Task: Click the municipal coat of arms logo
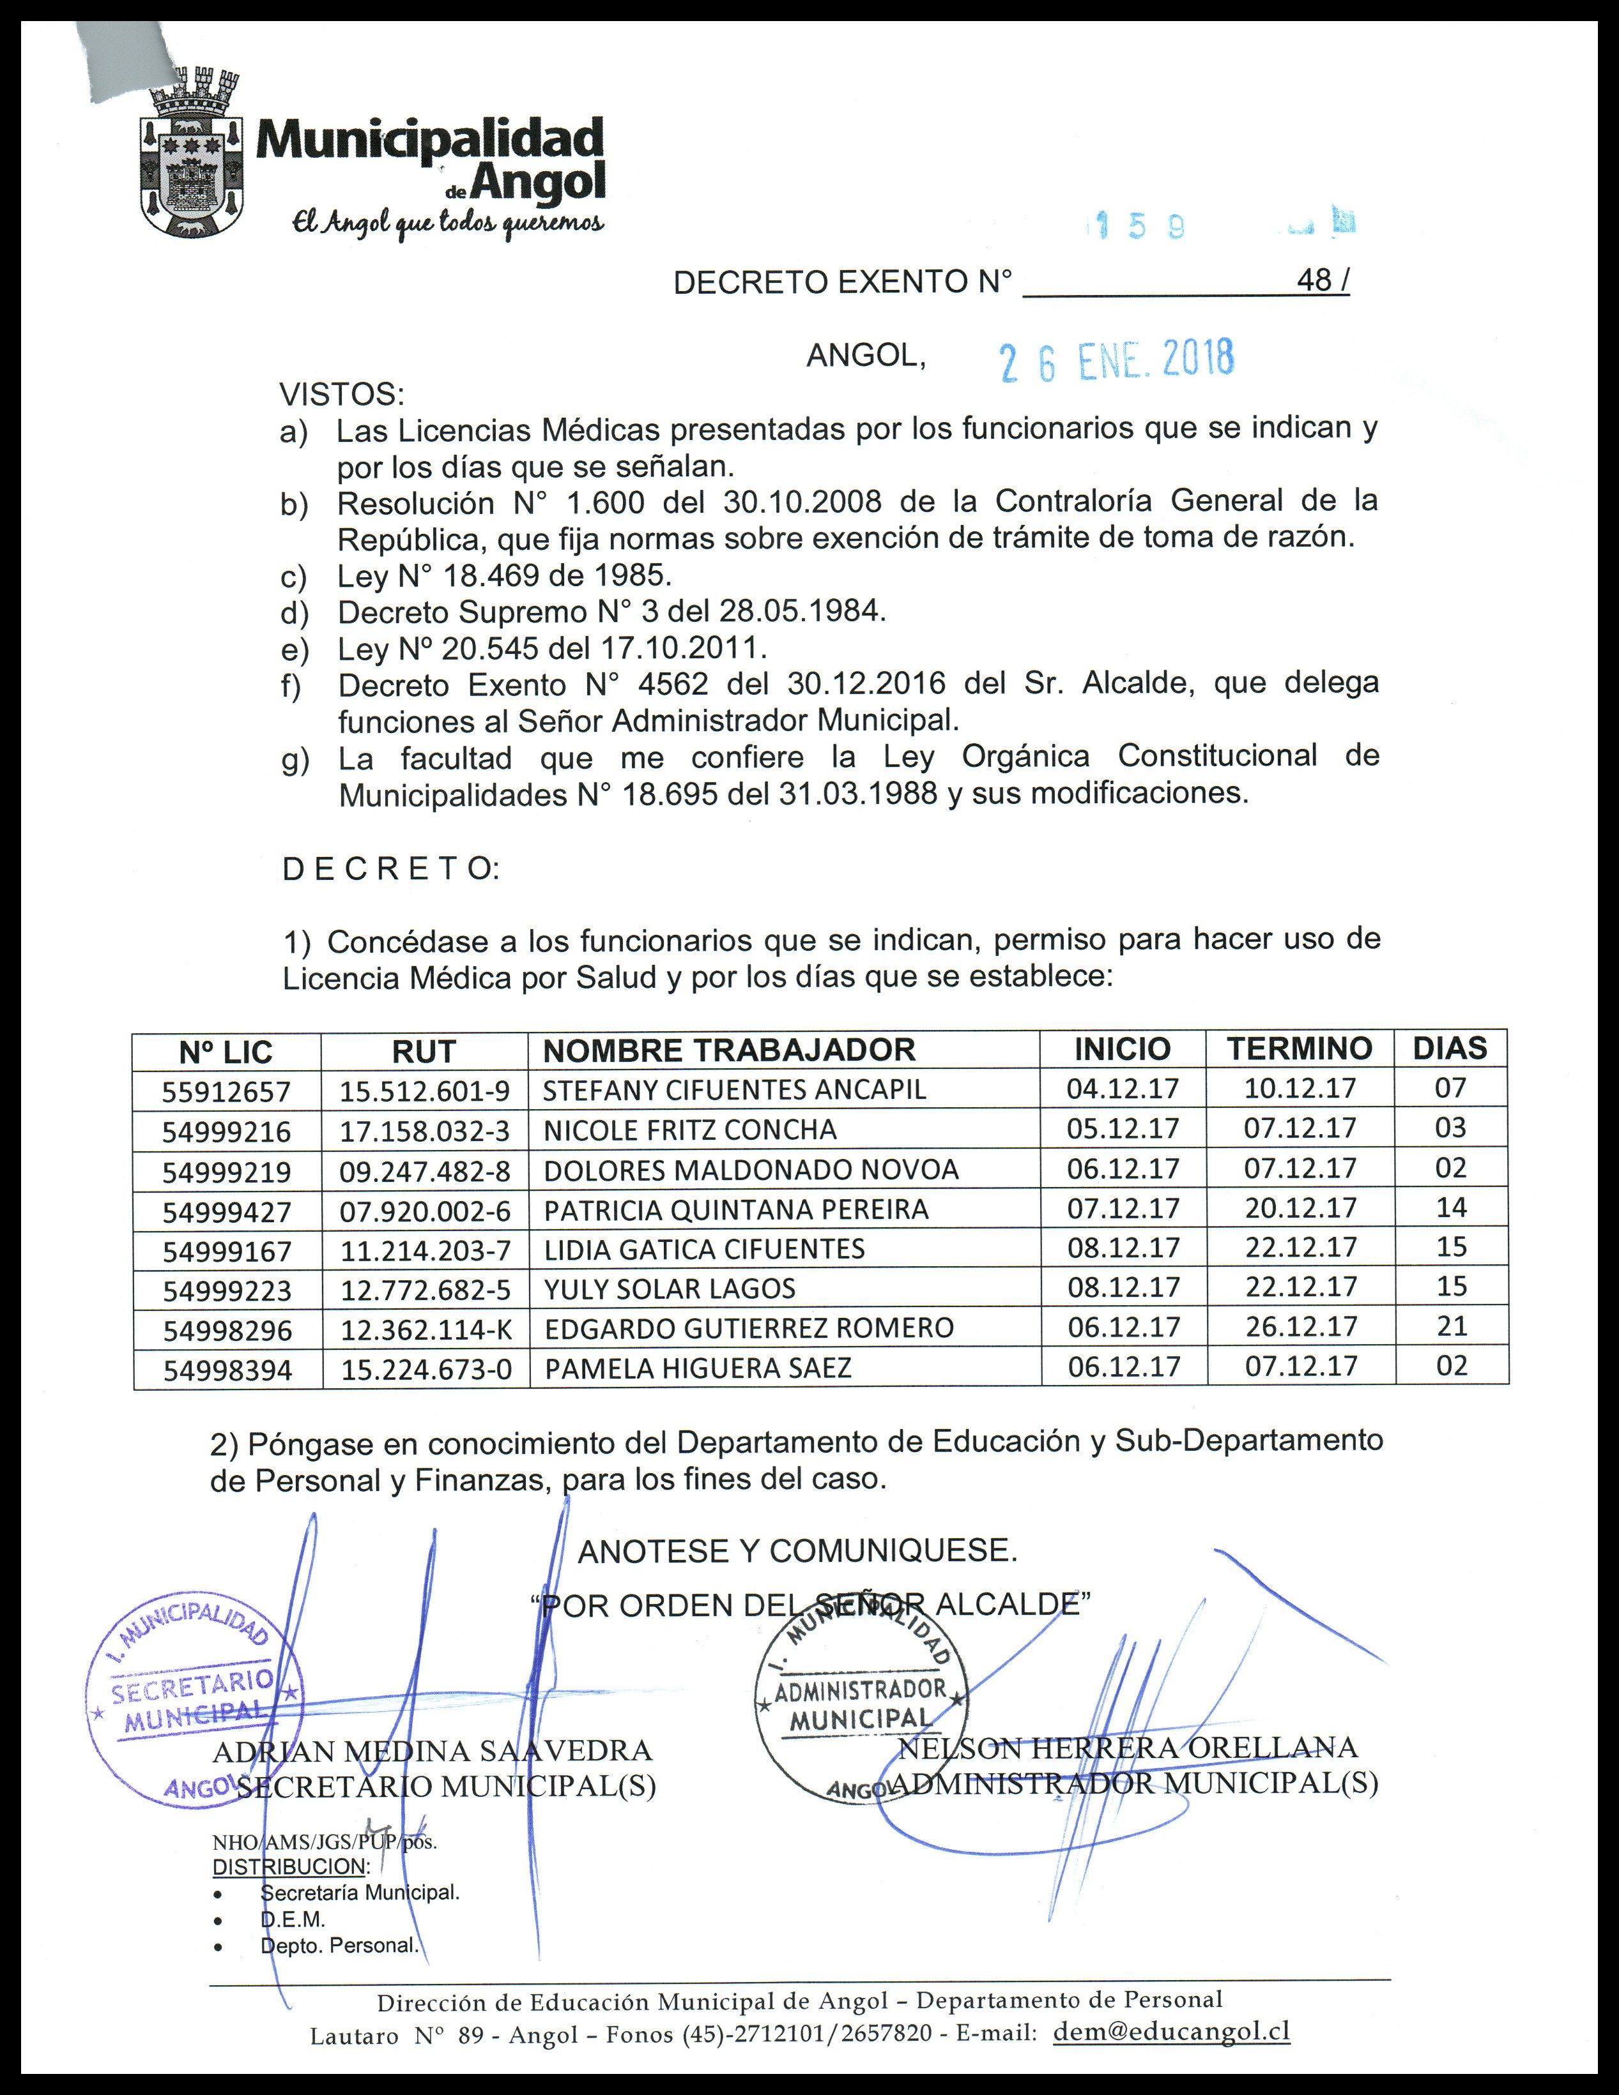[x=190, y=153]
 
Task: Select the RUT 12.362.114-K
[x=425, y=1329]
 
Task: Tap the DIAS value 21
[x=1451, y=1327]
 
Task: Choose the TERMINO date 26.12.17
[x=1300, y=1327]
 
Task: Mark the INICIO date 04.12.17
[x=1122, y=1089]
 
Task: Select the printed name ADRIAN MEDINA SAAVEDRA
[x=432, y=1751]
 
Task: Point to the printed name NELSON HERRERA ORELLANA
[x=1128, y=1748]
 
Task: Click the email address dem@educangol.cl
[x=1171, y=2031]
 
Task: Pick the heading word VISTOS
[x=342, y=394]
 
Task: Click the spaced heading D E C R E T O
[x=390, y=869]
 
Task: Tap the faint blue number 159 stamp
[x=1139, y=227]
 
